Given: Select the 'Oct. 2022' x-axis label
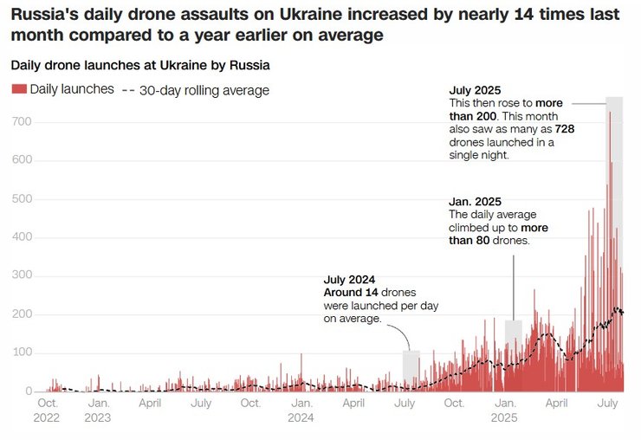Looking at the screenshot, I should [48, 410].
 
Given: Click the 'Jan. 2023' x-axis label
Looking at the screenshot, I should [98, 410].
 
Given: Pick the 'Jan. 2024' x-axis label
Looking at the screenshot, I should [301, 410].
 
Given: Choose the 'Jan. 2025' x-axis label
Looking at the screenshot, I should [504, 410].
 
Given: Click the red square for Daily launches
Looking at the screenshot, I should [18, 89].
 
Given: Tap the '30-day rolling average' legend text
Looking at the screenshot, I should [204, 90].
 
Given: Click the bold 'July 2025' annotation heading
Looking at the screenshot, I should [475, 90].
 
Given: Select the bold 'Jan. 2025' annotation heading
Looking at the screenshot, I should [474, 202].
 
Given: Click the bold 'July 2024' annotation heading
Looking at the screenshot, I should [349, 280].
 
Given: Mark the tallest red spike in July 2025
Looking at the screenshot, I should [610, 113].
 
